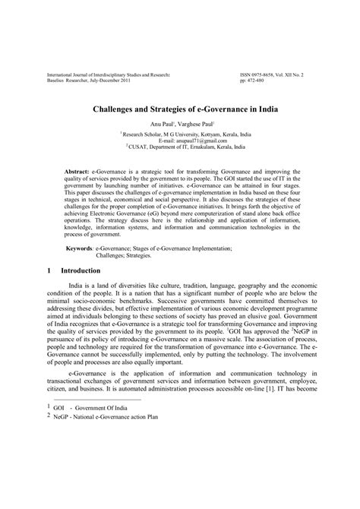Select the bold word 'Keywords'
[x=79, y=248]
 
